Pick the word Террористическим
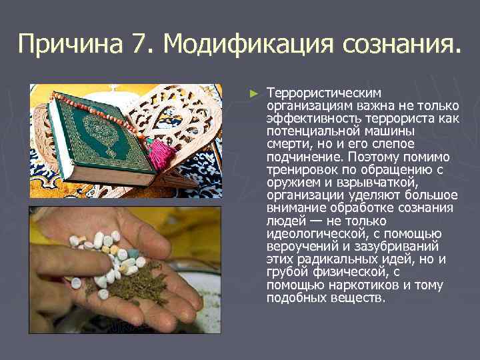pyautogui.click(x=323, y=93)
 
